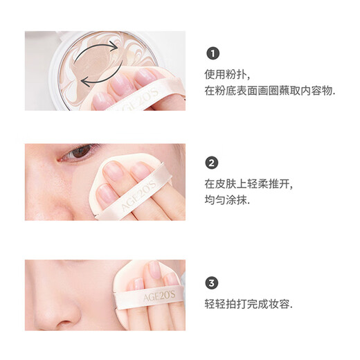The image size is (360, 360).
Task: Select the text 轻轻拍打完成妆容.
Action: pyautogui.click(x=248, y=303)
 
